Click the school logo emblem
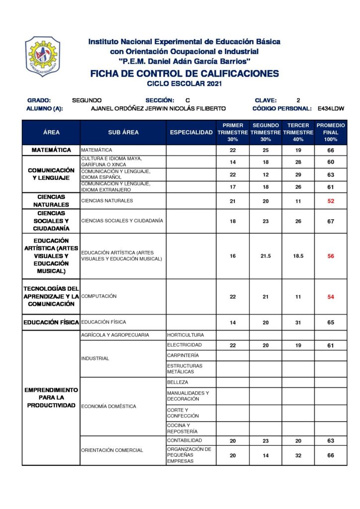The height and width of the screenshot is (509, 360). point(42,56)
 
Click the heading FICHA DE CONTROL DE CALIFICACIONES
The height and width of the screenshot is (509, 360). point(184,74)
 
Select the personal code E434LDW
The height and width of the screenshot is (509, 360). point(331,108)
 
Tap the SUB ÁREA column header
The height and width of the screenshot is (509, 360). point(123,132)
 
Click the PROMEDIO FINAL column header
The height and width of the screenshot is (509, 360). point(331,132)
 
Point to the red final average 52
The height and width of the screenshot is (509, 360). point(331,201)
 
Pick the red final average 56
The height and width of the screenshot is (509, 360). point(331,256)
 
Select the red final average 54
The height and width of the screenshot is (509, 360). point(331,296)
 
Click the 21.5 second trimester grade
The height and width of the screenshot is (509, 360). point(266,256)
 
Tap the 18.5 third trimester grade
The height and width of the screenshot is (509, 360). point(298,256)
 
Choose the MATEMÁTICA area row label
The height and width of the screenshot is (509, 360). point(51,150)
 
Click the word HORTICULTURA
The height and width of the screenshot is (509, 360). point(185,335)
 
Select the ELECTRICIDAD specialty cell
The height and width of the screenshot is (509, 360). point(184,345)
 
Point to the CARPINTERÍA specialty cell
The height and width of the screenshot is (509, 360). point(183,355)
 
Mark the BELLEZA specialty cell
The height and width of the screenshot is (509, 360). point(178,382)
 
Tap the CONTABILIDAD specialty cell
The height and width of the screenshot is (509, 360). point(184,441)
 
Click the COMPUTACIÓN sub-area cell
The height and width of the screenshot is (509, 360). point(99,296)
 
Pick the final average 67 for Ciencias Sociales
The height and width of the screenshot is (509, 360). point(331,222)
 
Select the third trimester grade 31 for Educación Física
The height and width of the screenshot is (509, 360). point(298,323)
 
